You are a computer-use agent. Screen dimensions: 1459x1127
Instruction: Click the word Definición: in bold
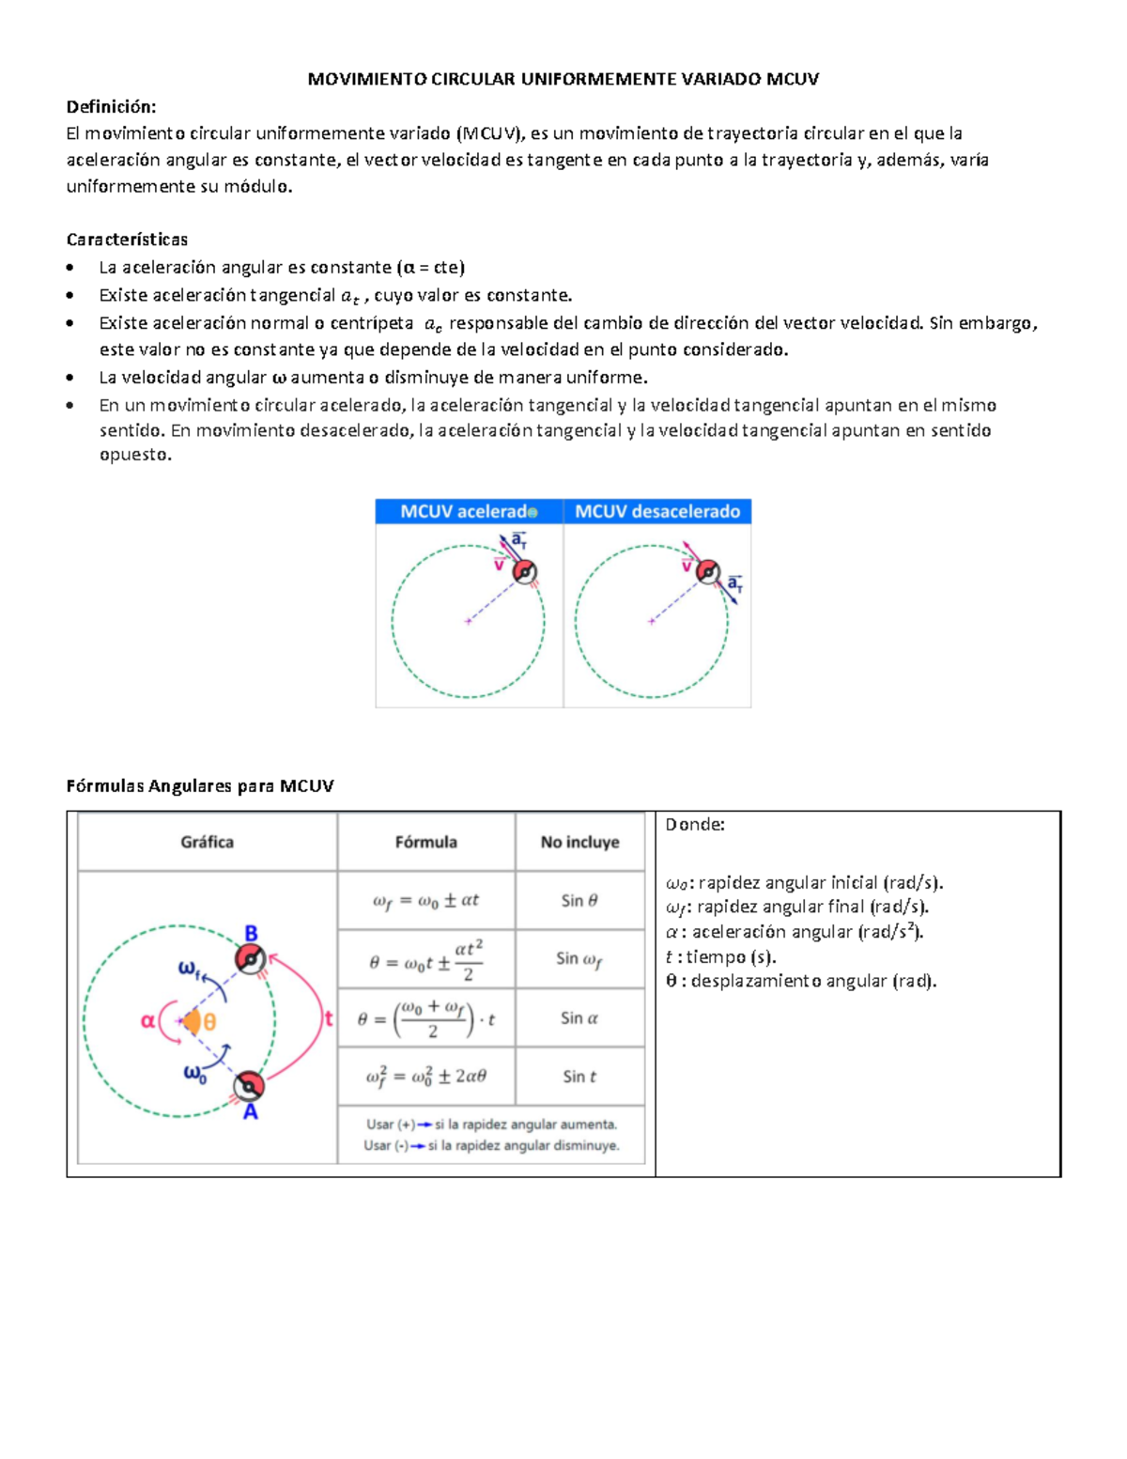(x=111, y=106)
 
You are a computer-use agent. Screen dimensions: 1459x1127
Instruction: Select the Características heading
(x=127, y=240)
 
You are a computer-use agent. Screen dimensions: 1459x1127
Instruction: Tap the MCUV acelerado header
(x=468, y=512)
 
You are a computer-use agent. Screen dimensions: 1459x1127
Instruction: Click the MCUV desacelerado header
(x=657, y=512)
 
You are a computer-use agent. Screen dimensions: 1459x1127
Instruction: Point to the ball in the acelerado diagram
(x=524, y=571)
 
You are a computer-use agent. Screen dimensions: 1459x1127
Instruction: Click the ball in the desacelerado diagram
(x=708, y=571)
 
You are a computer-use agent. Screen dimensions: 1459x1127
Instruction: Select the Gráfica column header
(x=207, y=842)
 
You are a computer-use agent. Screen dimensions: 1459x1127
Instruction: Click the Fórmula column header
(x=425, y=842)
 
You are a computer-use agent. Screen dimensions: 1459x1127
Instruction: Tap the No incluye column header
(x=579, y=842)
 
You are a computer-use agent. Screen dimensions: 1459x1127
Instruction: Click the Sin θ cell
(x=579, y=900)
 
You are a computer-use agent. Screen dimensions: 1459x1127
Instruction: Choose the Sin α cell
(x=579, y=1017)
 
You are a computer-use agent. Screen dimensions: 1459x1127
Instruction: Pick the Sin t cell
(x=579, y=1077)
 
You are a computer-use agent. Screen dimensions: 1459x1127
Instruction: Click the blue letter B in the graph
(x=252, y=934)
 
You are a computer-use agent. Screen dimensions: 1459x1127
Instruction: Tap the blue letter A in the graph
(x=251, y=1112)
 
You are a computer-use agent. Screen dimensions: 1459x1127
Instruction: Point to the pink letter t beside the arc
(x=329, y=1018)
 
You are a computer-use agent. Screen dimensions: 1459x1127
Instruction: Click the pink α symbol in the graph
(x=147, y=1020)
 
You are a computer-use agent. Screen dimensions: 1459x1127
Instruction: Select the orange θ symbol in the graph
(x=209, y=1022)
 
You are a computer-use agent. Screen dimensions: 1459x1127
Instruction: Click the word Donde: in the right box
(x=695, y=825)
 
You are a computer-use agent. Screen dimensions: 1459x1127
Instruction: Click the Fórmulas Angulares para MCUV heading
(x=200, y=786)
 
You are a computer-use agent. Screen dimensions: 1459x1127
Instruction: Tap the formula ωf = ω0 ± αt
(x=425, y=900)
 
